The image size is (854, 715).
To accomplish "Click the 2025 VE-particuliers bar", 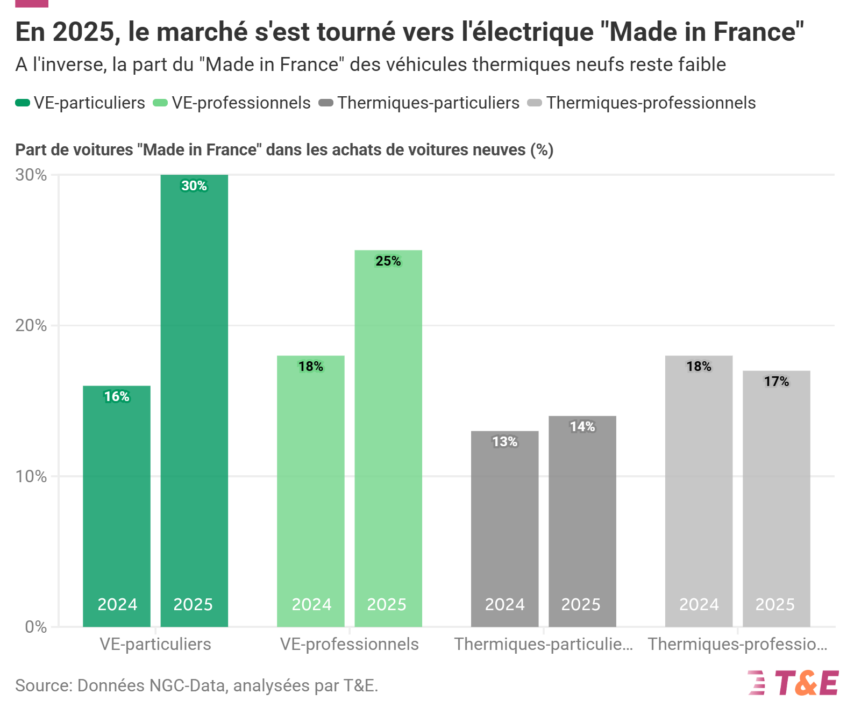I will [194, 401].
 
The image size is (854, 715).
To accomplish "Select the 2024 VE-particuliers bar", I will [117, 505].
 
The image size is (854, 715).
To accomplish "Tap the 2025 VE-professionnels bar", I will [388, 438].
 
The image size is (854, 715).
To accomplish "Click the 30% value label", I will [194, 186].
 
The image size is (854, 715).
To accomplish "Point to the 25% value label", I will [388, 261].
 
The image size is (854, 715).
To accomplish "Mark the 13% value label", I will [504, 442].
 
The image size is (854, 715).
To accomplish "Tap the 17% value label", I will [776, 382].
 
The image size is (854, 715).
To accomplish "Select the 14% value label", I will [582, 427].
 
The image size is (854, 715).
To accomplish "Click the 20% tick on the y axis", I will [31, 326].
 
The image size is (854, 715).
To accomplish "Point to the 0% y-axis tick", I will [35, 627].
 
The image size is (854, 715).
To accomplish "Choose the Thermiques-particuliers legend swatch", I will [326, 103].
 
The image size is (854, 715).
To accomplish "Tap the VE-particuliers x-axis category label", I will [155, 644].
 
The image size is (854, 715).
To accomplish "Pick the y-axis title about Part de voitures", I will [284, 150].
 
